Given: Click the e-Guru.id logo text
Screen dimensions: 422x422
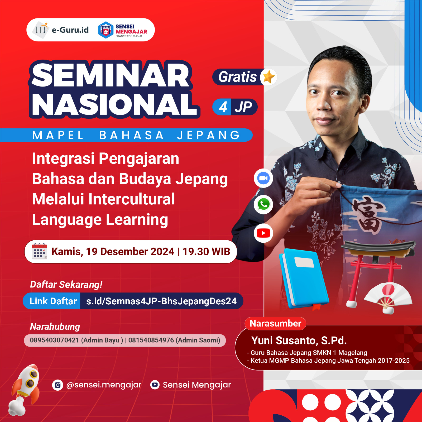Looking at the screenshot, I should point(70,30).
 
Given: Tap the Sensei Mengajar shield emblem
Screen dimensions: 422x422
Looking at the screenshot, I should point(106,30).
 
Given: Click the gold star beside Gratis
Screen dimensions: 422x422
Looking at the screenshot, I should point(269,77).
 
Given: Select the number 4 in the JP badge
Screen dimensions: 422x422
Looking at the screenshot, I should point(223,107).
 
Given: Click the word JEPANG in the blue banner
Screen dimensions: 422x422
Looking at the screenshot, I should point(208,135).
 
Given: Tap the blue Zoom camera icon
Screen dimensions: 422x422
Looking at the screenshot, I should point(263,178).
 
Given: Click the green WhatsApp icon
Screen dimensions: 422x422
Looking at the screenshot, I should point(263,204).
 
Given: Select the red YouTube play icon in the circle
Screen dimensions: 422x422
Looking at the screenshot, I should point(263,233).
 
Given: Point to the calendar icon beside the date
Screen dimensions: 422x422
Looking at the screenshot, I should point(39,251).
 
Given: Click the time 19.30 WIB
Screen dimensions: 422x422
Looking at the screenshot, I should point(206,252).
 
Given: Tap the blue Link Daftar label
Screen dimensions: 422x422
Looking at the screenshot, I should point(53,301).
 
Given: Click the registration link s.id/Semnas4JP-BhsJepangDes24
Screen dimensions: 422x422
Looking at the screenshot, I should point(161,301).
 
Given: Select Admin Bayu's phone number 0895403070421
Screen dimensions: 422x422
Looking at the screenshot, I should point(55,340).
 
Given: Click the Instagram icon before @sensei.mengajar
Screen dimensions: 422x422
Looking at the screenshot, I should point(57,385).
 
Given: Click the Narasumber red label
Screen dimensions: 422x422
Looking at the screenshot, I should point(275,324).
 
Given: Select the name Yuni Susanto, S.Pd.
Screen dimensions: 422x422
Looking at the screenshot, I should point(299,341).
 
